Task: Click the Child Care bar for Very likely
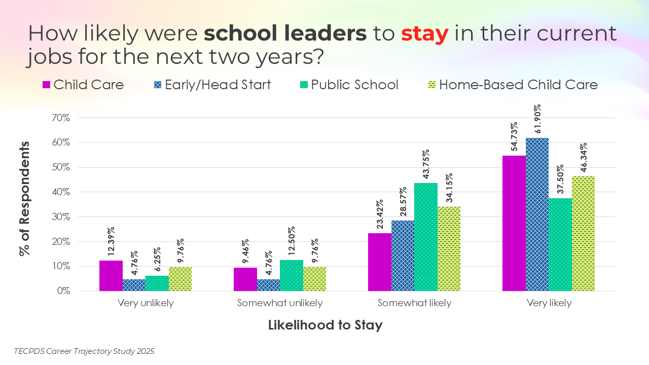(514, 223)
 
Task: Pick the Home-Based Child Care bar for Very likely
(583, 234)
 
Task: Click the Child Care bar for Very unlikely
(111, 276)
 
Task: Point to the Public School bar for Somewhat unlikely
(291, 276)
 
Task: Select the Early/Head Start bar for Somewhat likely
(403, 255)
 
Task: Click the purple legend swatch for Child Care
(46, 85)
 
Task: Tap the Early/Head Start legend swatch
(158, 85)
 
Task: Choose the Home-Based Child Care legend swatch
(431, 85)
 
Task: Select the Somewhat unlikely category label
(280, 304)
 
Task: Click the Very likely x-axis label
(549, 304)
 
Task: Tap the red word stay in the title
(424, 34)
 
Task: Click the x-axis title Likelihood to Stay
(325, 325)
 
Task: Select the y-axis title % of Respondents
(24, 198)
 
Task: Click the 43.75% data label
(426, 165)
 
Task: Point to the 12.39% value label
(111, 241)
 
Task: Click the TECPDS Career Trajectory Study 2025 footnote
(84, 351)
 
